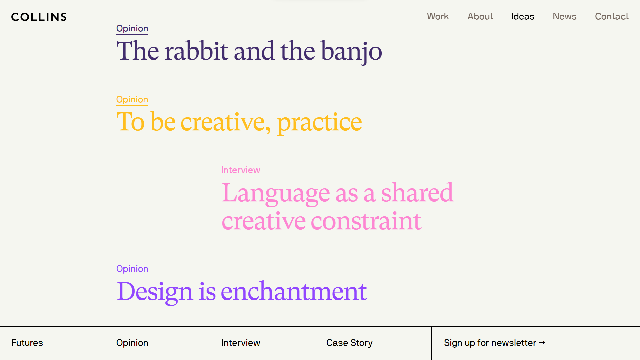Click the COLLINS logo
(39, 17)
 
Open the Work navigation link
(438, 16)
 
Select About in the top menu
(480, 16)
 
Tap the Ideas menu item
(523, 16)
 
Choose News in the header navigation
(564, 16)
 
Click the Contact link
(612, 16)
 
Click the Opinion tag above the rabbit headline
(132, 29)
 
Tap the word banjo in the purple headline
(352, 51)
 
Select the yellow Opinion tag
(132, 100)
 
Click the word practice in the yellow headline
(319, 122)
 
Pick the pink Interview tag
(241, 170)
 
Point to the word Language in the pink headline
(276, 193)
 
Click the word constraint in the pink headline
(366, 221)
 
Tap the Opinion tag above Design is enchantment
(132, 269)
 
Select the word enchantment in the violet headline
(294, 291)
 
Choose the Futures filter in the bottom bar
(27, 343)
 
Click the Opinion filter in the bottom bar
(132, 343)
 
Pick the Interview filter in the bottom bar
(241, 343)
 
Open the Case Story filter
(349, 343)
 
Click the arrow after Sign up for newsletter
(542, 342)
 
